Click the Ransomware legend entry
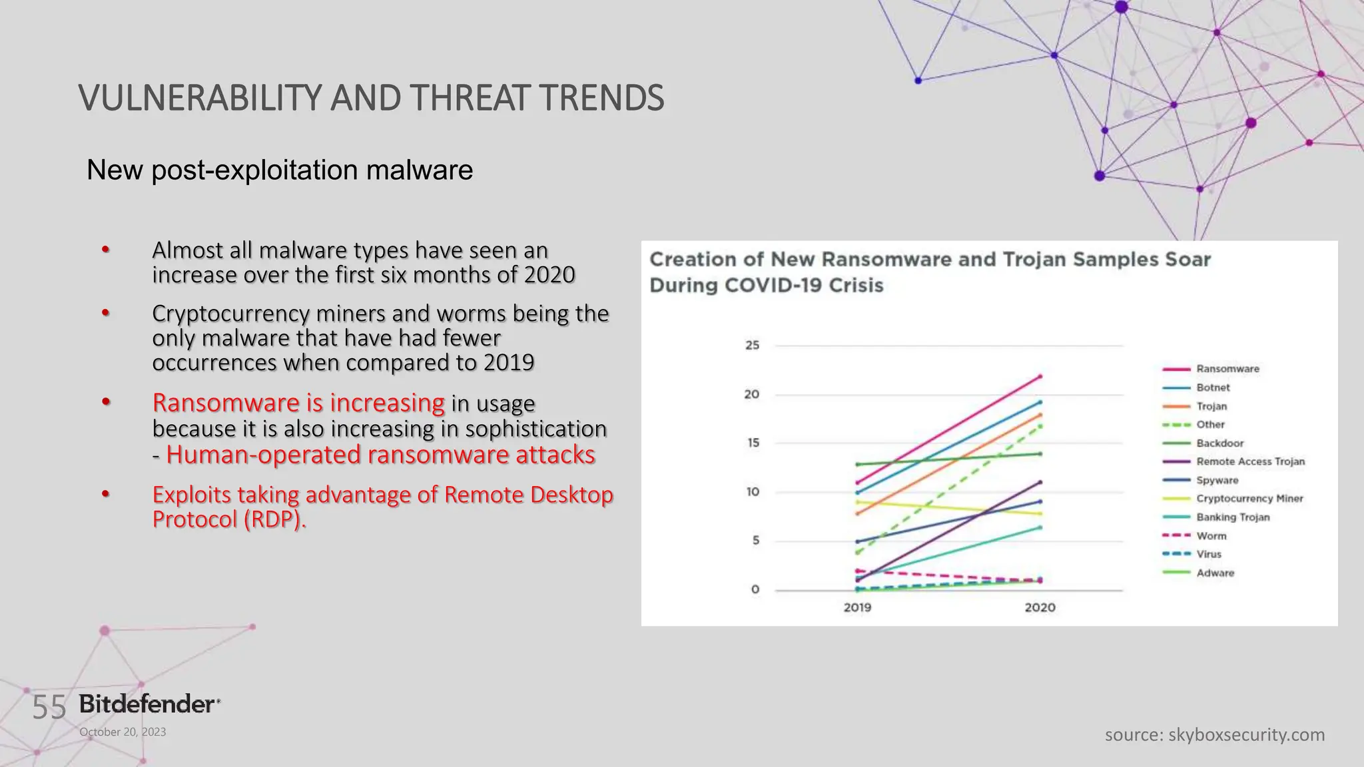coord(1227,369)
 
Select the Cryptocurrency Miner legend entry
coord(1249,499)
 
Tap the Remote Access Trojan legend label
coord(1250,461)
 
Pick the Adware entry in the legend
coord(1215,573)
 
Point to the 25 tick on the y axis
coord(752,345)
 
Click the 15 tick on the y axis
coord(753,443)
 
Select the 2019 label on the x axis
coord(857,607)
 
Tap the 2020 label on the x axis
coord(1040,607)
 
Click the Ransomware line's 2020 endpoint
coord(1040,376)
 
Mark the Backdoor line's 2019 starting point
coord(857,464)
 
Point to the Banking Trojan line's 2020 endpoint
coord(1040,527)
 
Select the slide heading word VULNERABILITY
coord(200,98)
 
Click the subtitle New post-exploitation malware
coord(280,170)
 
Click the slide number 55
coord(49,707)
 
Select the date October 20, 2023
coord(123,732)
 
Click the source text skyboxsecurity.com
coord(1246,734)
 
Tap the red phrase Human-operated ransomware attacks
coord(380,455)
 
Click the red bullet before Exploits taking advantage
coord(105,495)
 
